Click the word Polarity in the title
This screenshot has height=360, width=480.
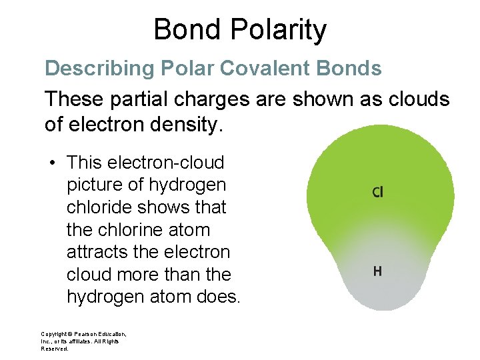coord(279,30)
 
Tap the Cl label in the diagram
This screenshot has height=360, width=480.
coord(377,192)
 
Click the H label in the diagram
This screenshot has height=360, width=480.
coord(377,271)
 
